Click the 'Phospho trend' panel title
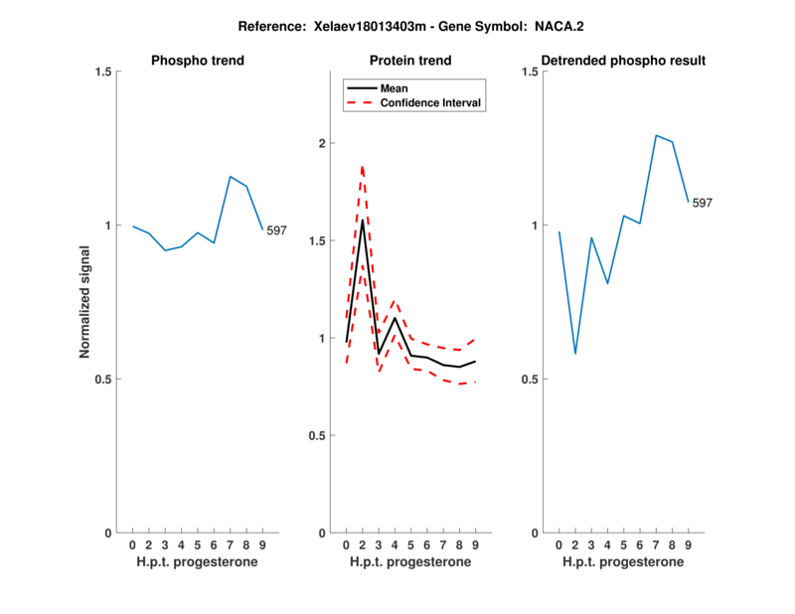pyautogui.click(x=197, y=61)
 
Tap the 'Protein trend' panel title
pyautogui.click(x=410, y=61)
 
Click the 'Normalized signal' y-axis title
pyautogui.click(x=85, y=302)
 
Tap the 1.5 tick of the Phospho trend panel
pyautogui.click(x=103, y=72)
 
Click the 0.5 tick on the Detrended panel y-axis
pyautogui.click(x=530, y=380)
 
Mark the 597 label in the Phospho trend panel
pyautogui.click(x=276, y=230)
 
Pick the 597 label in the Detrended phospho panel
pyautogui.click(x=703, y=203)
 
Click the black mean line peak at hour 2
pyautogui.click(x=363, y=220)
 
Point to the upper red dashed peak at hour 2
pyautogui.click(x=363, y=166)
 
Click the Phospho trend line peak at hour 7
pyautogui.click(x=230, y=177)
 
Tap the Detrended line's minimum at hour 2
pyautogui.click(x=575, y=354)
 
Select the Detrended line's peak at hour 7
pyautogui.click(x=656, y=135)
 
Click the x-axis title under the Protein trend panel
pyautogui.click(x=410, y=562)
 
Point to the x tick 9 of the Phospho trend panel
pyautogui.click(x=262, y=545)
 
